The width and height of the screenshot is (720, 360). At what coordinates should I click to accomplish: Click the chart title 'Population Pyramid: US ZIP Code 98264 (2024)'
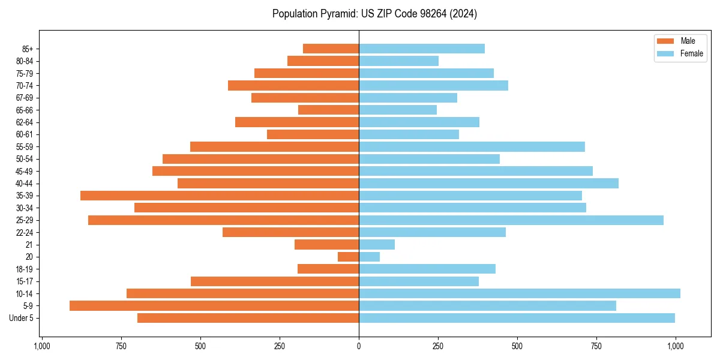(374, 14)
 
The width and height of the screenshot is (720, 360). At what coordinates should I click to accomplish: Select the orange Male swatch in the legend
(665, 41)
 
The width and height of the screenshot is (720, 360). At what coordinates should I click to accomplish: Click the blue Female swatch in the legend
(665, 53)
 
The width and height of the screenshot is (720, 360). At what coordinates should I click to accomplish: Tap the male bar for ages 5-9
(214, 305)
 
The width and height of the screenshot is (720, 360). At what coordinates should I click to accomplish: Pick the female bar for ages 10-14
(520, 293)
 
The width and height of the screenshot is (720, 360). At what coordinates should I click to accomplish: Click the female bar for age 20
(369, 257)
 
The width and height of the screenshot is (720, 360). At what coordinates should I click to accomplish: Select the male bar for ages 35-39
(220, 196)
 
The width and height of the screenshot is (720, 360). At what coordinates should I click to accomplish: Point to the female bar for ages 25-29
(511, 220)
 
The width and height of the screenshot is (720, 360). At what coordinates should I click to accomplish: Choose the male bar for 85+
(331, 49)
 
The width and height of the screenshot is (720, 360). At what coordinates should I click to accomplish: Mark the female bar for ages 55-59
(472, 146)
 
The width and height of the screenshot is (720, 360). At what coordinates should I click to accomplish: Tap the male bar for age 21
(326, 244)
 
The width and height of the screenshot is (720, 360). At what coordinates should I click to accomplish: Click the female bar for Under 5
(517, 318)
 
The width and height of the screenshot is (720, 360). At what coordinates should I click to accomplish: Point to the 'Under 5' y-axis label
(22, 318)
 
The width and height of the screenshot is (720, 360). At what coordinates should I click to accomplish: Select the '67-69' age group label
(25, 98)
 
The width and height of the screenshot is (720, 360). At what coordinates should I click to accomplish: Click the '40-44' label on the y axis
(25, 184)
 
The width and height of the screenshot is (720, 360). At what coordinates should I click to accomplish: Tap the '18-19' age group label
(25, 269)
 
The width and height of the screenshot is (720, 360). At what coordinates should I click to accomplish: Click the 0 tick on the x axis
(359, 346)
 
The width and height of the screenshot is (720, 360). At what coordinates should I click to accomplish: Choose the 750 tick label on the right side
(596, 346)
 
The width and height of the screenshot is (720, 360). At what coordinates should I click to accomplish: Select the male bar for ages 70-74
(293, 85)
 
